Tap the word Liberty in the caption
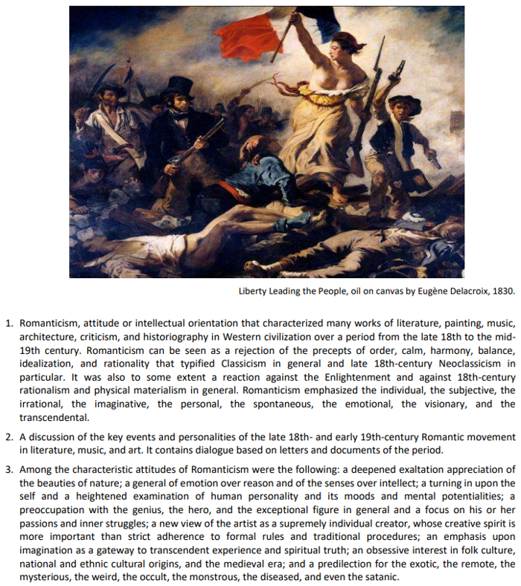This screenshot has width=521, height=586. (252, 291)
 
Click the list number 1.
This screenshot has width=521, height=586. (9, 323)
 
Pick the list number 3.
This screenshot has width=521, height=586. (9, 469)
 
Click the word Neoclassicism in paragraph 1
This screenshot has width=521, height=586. (447, 363)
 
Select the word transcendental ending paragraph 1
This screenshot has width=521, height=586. (50, 416)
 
